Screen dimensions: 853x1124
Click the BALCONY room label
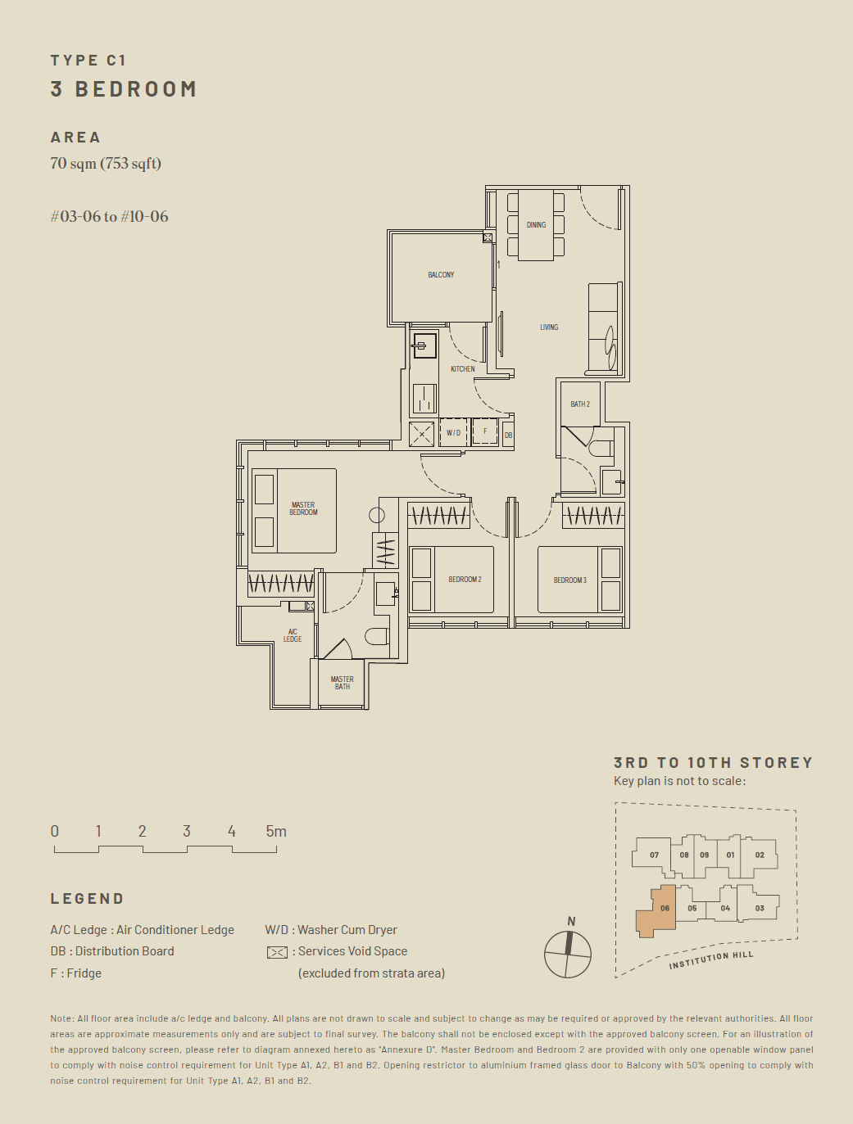pyautogui.click(x=441, y=275)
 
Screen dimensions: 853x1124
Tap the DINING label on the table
pyautogui.click(x=536, y=225)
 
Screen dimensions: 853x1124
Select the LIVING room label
pyautogui.click(x=549, y=327)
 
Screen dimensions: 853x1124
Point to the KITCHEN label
pyautogui.click(x=463, y=368)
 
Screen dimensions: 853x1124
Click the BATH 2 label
pyautogui.click(x=580, y=404)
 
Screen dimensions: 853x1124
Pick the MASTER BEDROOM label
pyautogui.click(x=303, y=508)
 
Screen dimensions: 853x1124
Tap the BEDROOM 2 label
pyautogui.click(x=465, y=579)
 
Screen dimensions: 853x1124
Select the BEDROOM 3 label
pyautogui.click(x=569, y=580)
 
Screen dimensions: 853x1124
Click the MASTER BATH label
pyautogui.click(x=343, y=683)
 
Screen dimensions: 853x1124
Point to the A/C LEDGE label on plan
pyautogui.click(x=293, y=635)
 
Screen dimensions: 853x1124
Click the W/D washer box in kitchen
pyautogui.click(x=453, y=433)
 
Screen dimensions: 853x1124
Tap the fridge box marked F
pyautogui.click(x=484, y=432)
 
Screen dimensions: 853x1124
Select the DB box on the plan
pyautogui.click(x=508, y=436)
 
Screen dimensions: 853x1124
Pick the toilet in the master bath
pyautogui.click(x=377, y=636)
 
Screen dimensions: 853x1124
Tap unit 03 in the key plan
pyautogui.click(x=760, y=908)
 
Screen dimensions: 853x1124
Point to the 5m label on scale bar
pyautogui.click(x=276, y=831)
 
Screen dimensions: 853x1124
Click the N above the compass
pyautogui.click(x=571, y=921)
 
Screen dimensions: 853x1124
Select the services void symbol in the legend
pyautogui.click(x=277, y=952)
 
